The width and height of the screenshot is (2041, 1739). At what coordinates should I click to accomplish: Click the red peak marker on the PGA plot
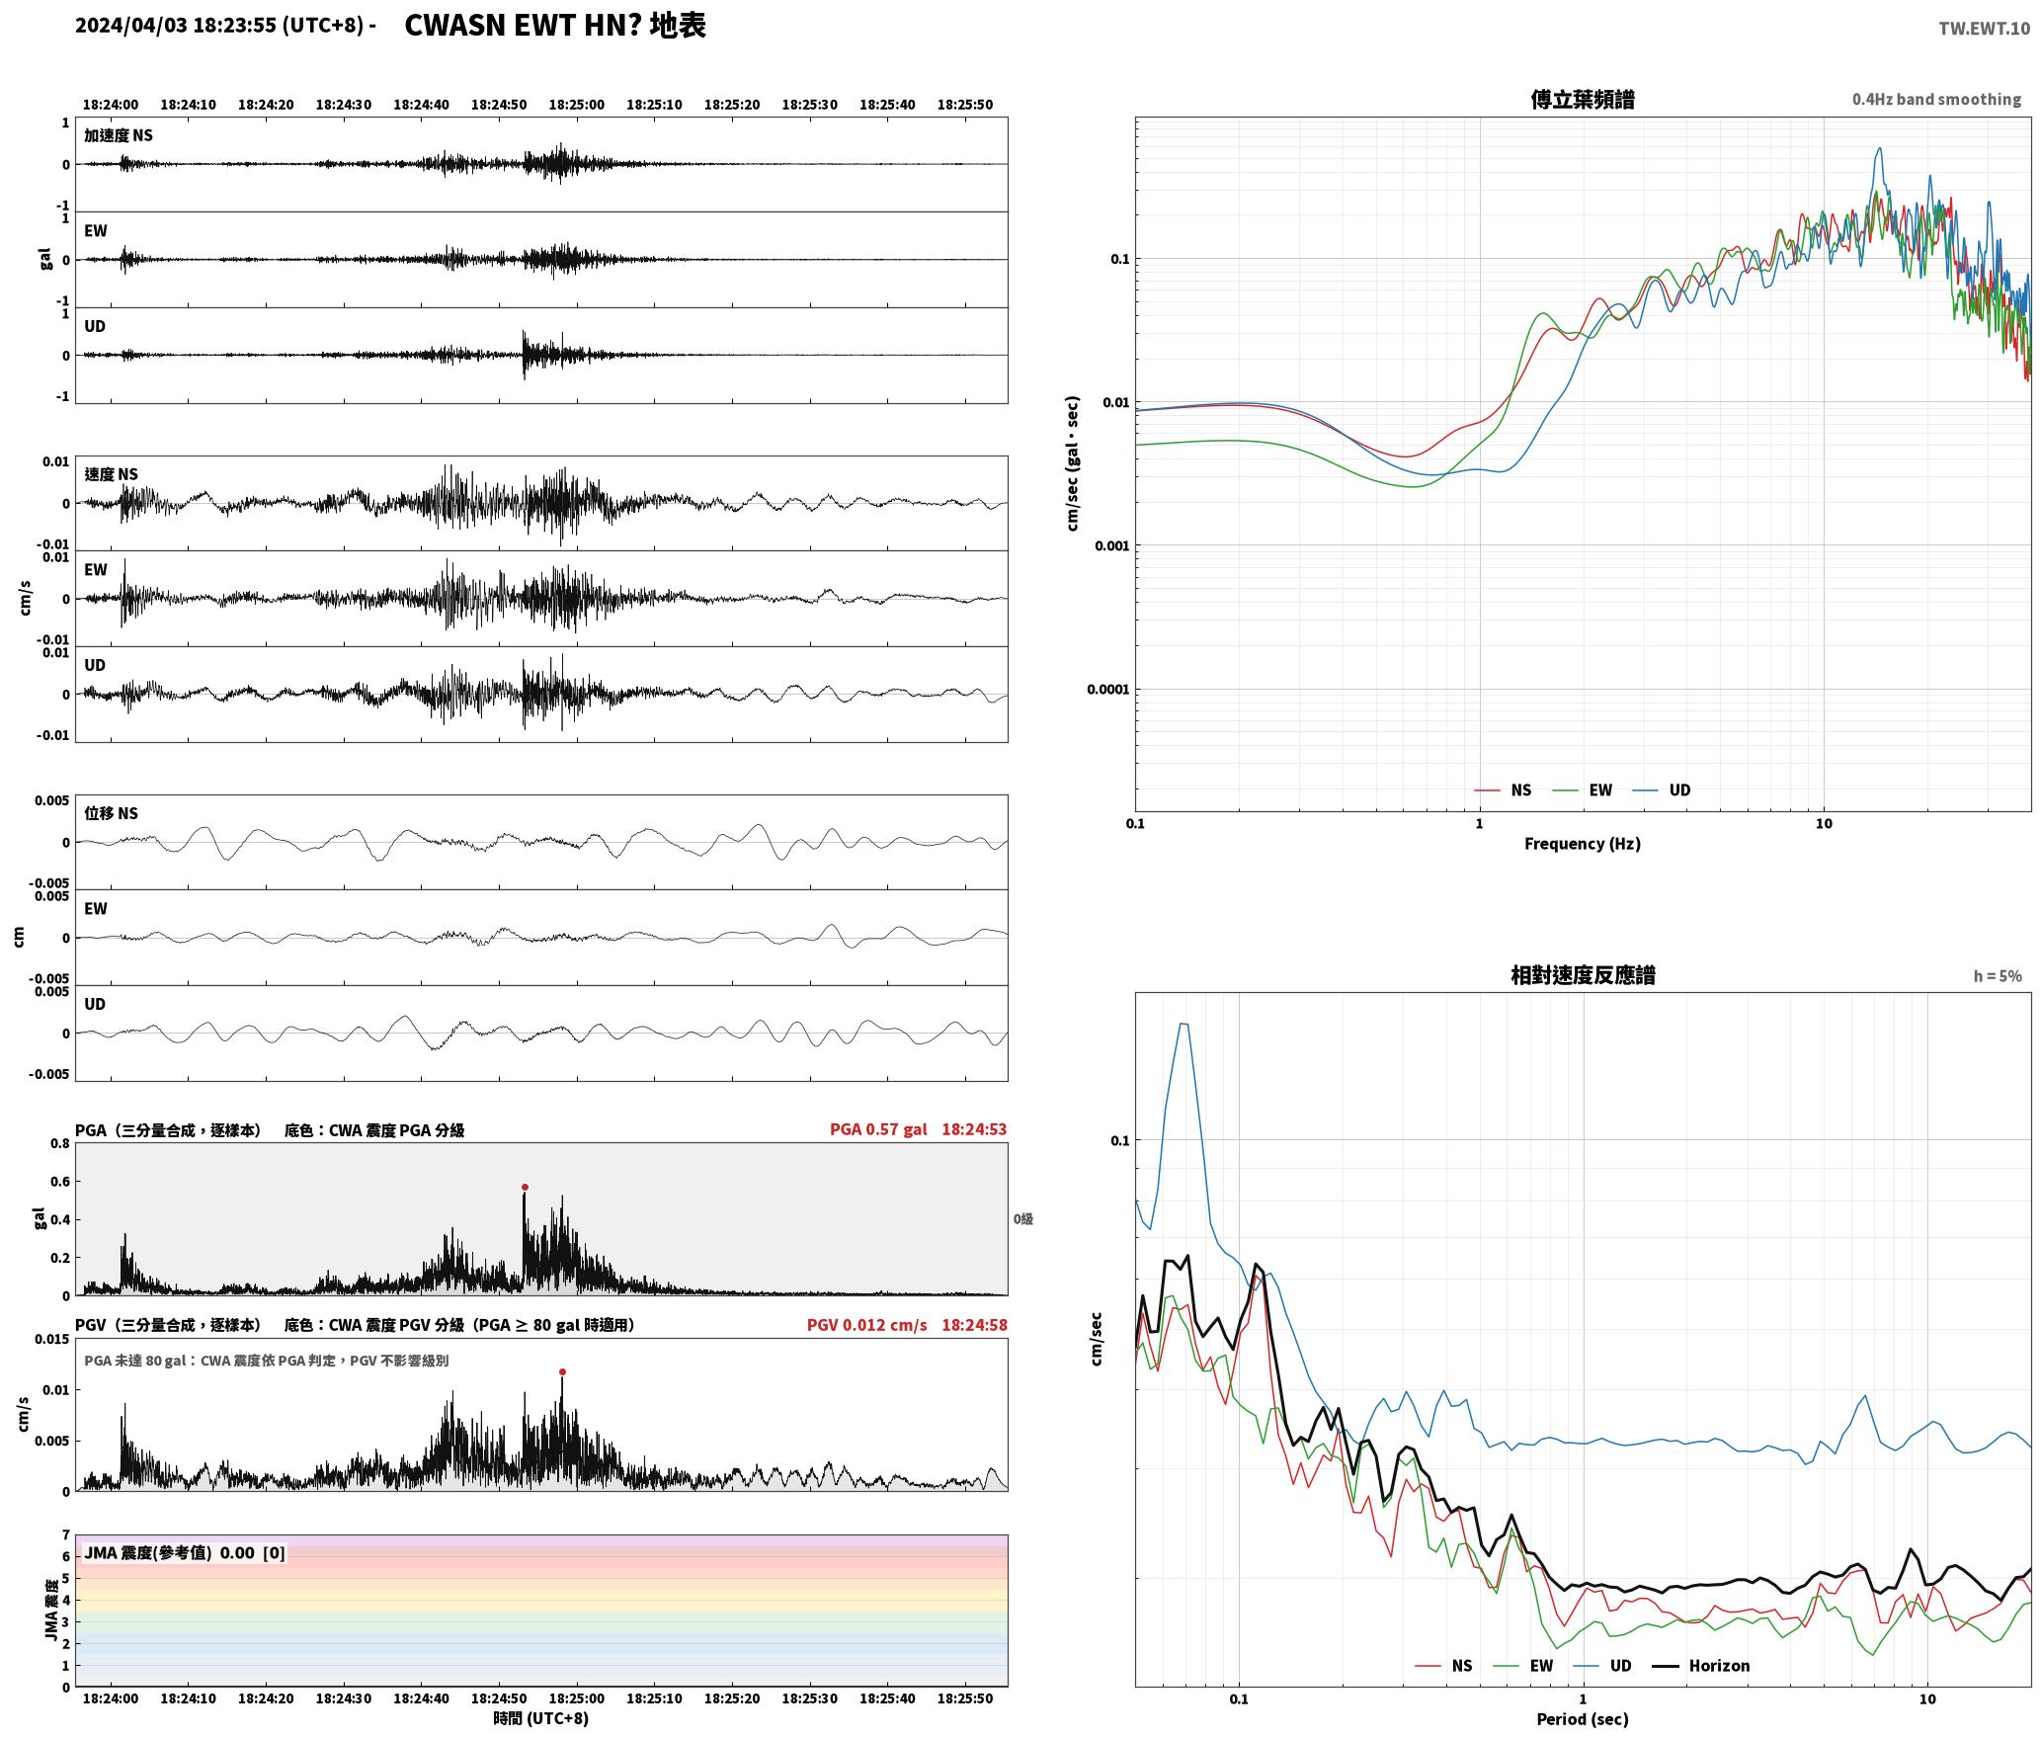pos(525,1187)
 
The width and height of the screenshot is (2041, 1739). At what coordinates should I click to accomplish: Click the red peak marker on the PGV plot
pos(562,1371)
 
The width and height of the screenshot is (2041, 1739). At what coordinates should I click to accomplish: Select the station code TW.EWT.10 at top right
pos(1984,29)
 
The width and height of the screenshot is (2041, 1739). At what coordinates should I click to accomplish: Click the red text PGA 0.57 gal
pos(878,1129)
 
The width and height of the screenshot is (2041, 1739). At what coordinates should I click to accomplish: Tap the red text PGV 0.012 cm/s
pos(866,1325)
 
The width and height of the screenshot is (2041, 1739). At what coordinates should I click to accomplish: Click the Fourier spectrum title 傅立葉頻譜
pos(1582,99)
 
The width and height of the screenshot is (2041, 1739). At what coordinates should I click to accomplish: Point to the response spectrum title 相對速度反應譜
pos(1583,975)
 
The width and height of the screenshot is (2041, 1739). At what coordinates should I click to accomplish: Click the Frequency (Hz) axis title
pos(1582,844)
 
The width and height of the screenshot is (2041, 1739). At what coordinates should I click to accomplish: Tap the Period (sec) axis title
pos(1582,1719)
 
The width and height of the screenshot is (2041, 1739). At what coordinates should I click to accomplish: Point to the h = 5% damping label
pos(1998,976)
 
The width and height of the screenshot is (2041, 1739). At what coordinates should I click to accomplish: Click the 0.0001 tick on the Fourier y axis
pos(1106,690)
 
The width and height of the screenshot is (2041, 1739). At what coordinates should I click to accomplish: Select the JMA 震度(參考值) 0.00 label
pos(170,1553)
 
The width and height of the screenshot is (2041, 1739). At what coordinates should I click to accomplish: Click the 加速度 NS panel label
pos(119,135)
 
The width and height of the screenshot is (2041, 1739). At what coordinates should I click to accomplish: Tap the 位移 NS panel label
pos(111,813)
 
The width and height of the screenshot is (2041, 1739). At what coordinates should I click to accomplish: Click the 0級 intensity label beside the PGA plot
pos(1022,1219)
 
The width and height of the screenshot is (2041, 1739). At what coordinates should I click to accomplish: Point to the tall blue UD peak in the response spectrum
pos(1184,1025)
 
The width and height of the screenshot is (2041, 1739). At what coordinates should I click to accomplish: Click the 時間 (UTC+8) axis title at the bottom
pos(540,1718)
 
